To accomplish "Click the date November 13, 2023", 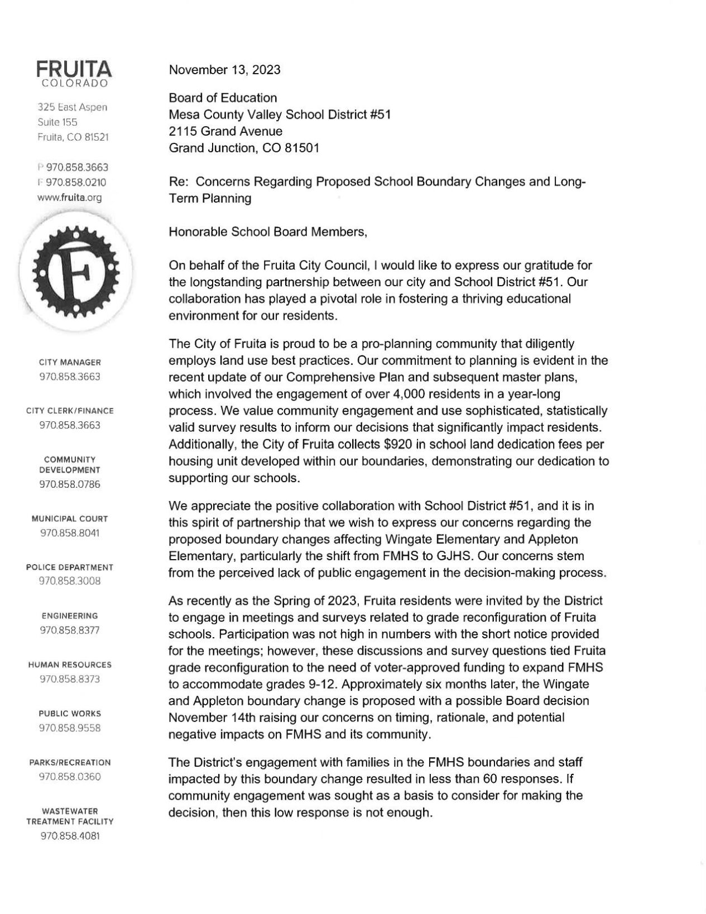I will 224,70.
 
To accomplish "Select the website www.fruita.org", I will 70,197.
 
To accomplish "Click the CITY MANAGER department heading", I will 70,362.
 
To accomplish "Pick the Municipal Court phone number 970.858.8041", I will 70,533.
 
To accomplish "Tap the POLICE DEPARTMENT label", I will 70,567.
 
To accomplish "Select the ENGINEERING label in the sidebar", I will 70,616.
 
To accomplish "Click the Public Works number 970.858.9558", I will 70,728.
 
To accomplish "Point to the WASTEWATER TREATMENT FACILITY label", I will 70,816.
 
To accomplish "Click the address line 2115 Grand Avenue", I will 225,132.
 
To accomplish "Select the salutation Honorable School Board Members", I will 268,232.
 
